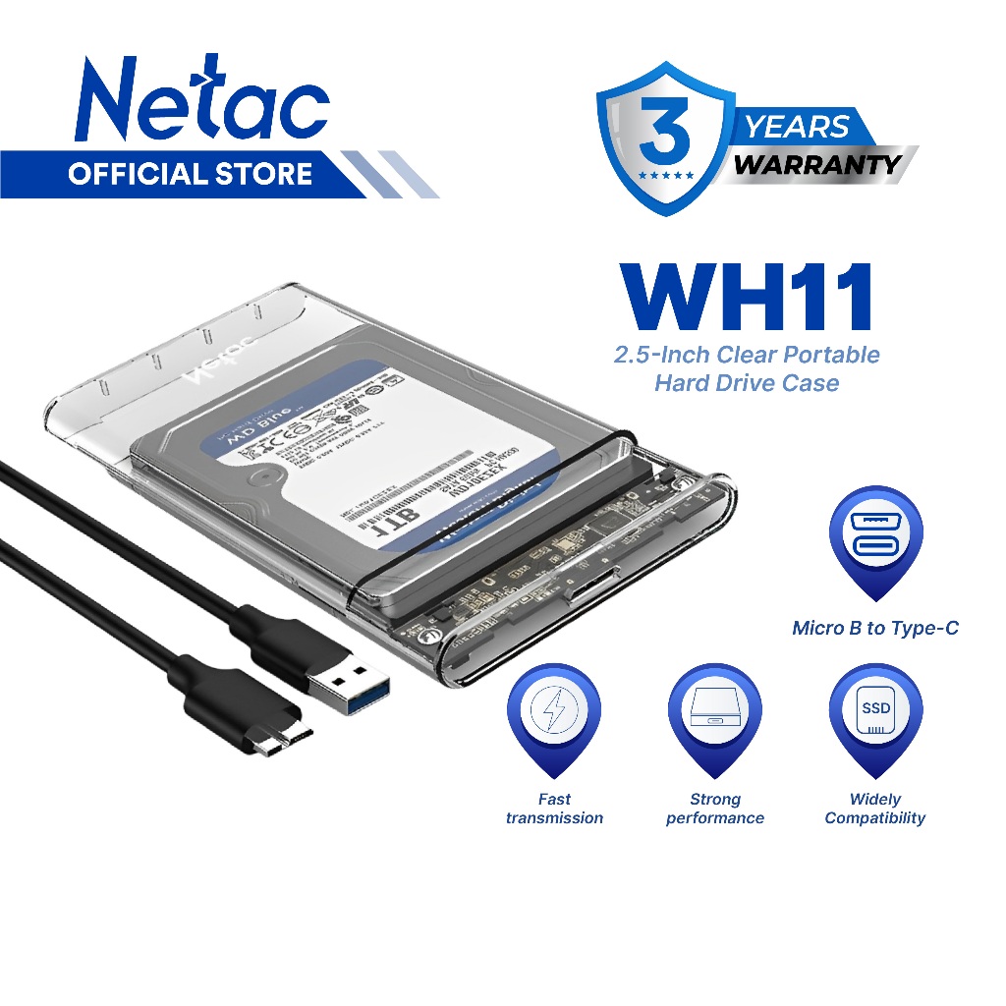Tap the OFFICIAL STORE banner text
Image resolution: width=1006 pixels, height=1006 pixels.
click(x=190, y=175)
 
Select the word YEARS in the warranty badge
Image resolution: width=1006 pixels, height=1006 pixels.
click(x=796, y=127)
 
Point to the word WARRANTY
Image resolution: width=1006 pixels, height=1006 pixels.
click(x=817, y=164)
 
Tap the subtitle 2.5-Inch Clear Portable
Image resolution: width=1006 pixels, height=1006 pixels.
click(x=747, y=355)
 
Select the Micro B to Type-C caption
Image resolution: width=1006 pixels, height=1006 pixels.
click(x=875, y=628)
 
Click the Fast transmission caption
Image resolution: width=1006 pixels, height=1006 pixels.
click(x=554, y=809)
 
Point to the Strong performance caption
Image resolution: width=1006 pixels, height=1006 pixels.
click(x=715, y=809)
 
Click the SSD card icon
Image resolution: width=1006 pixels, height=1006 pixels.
click(x=875, y=711)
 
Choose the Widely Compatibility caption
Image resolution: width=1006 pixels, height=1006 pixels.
click(x=875, y=809)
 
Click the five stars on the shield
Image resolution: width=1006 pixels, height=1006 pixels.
click(x=667, y=174)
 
